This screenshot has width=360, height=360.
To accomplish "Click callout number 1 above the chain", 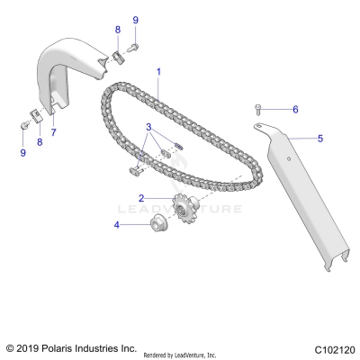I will pyautogui.click(x=158, y=70).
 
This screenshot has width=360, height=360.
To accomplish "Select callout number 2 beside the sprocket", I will pyautogui.click(x=141, y=197).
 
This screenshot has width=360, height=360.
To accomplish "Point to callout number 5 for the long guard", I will pyautogui.click(x=318, y=139).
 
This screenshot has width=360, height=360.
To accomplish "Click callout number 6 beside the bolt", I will pyautogui.click(x=293, y=109).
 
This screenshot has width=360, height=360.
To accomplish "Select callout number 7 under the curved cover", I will pyautogui.click(x=53, y=132).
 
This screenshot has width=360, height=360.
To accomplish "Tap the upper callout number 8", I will pyautogui.click(x=117, y=30).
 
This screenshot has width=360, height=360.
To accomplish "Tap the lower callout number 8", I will pyautogui.click(x=39, y=141).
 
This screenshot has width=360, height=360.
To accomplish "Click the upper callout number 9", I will pyautogui.click(x=135, y=19).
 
